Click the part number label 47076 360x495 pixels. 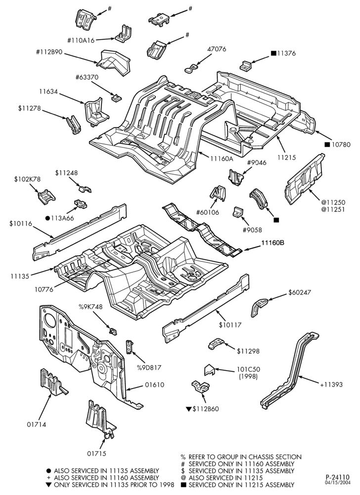tap(217, 49)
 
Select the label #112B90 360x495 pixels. tap(49, 52)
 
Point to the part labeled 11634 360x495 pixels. tap(96, 111)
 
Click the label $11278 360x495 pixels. tap(29, 108)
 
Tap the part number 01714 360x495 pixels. tap(36, 425)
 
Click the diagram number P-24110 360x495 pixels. tap(338, 477)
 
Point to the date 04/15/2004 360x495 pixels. tap(338, 482)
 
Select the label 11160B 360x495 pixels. tap(272, 243)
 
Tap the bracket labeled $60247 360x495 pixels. tap(259, 306)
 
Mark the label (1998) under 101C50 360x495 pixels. tap(248, 376)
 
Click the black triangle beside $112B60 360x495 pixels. tap(189, 409)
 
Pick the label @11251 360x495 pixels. tap(333, 209)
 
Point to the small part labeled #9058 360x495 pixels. tap(238, 212)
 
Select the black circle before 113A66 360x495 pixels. tap(47, 218)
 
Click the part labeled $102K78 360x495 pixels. tap(46, 197)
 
